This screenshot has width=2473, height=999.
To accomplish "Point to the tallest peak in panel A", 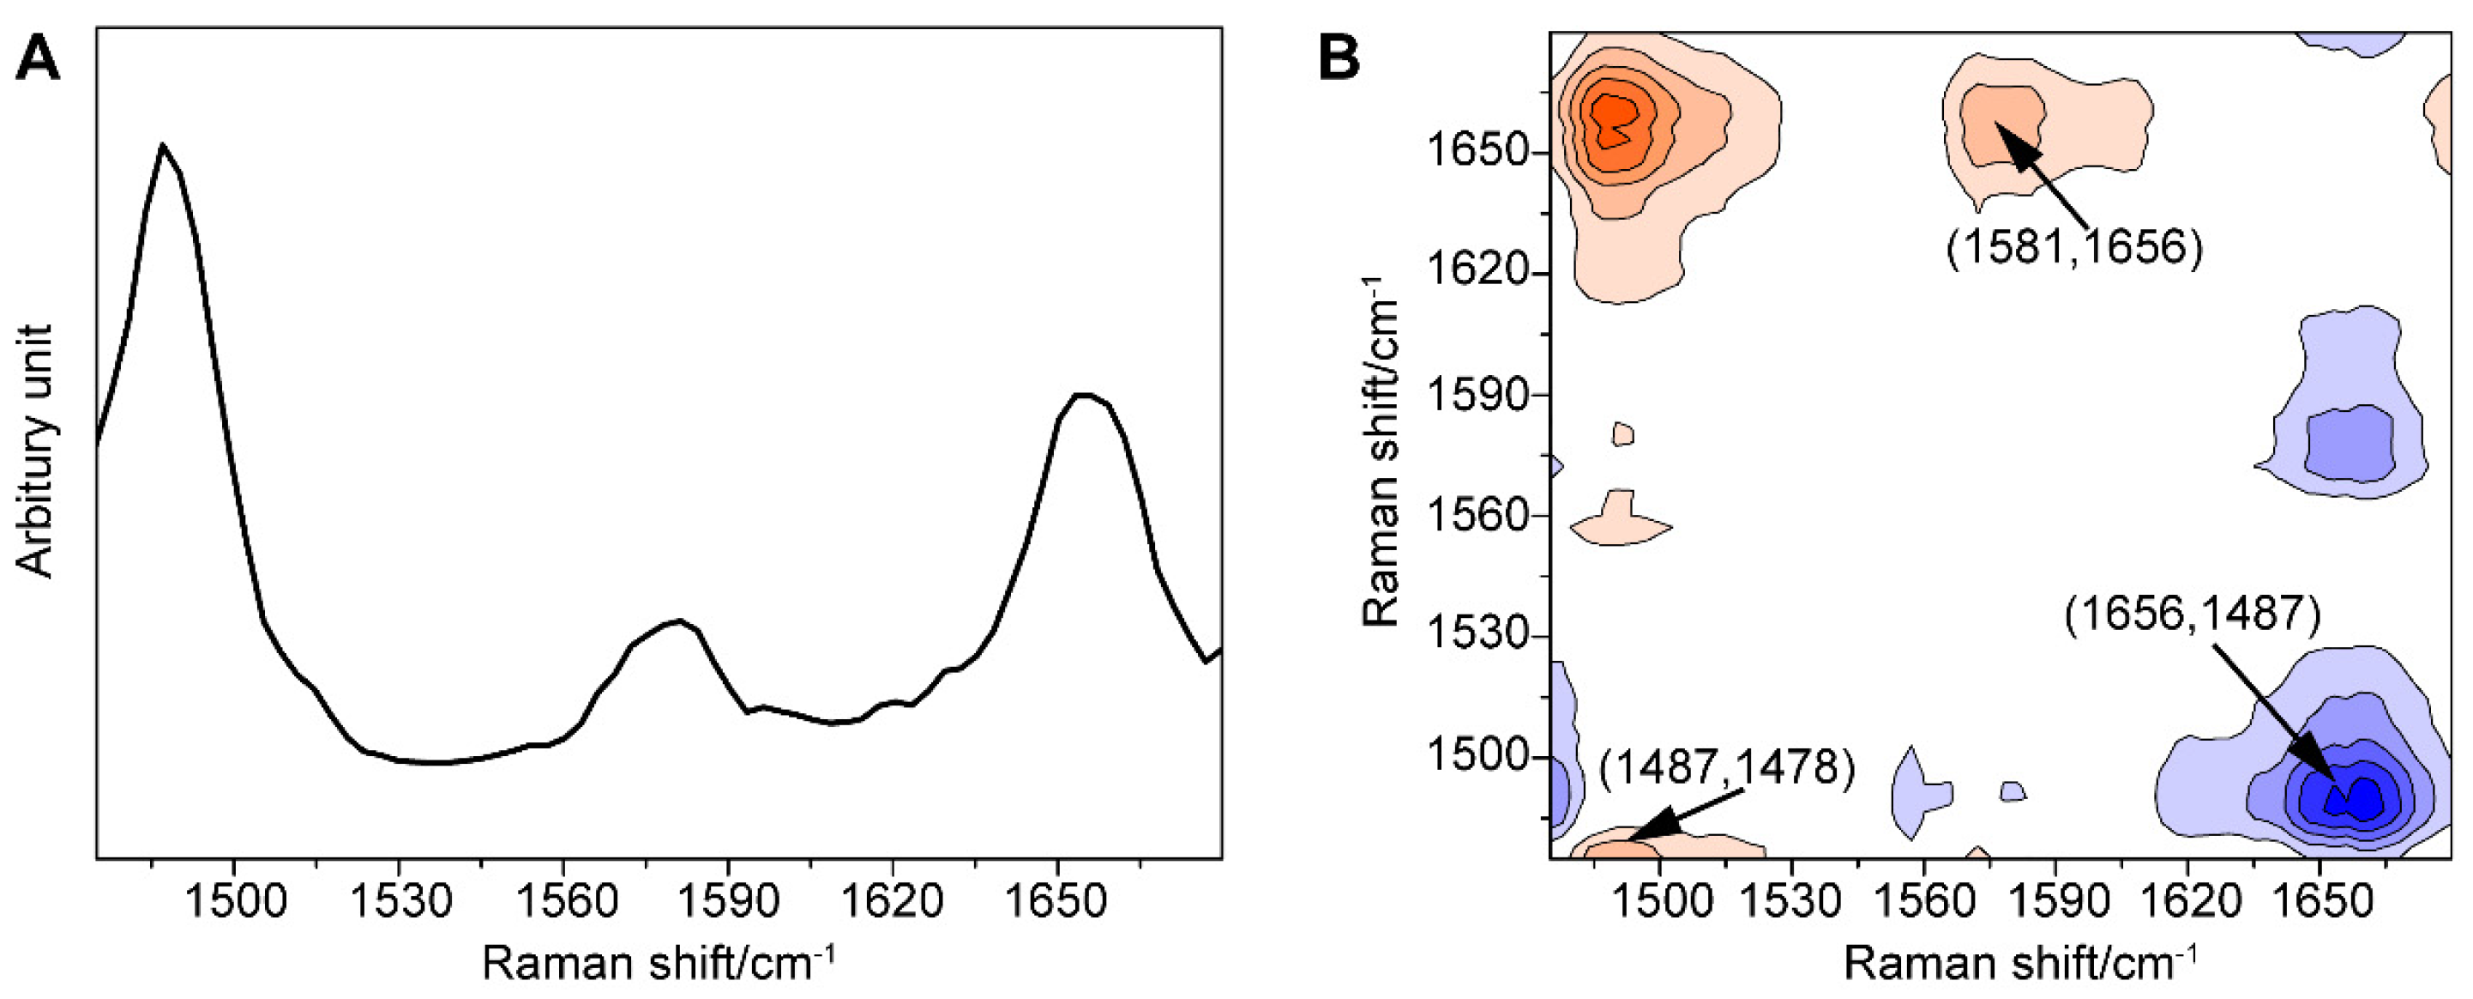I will pyautogui.click(x=163, y=146).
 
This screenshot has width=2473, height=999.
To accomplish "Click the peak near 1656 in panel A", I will pyautogui.click(x=1083, y=395).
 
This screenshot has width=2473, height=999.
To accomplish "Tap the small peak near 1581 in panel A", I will pyautogui.click(x=679, y=621).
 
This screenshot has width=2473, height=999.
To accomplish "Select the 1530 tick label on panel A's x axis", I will pyautogui.click(x=399, y=902).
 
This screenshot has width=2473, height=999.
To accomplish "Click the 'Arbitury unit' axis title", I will pyautogui.click(x=37, y=451).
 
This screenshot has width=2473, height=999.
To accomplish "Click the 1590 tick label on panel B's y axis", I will pyautogui.click(x=1477, y=396).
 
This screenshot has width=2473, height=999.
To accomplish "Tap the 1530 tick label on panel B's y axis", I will pyautogui.click(x=1477, y=636).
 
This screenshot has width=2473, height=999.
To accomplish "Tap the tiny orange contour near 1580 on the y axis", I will pyautogui.click(x=1623, y=434).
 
